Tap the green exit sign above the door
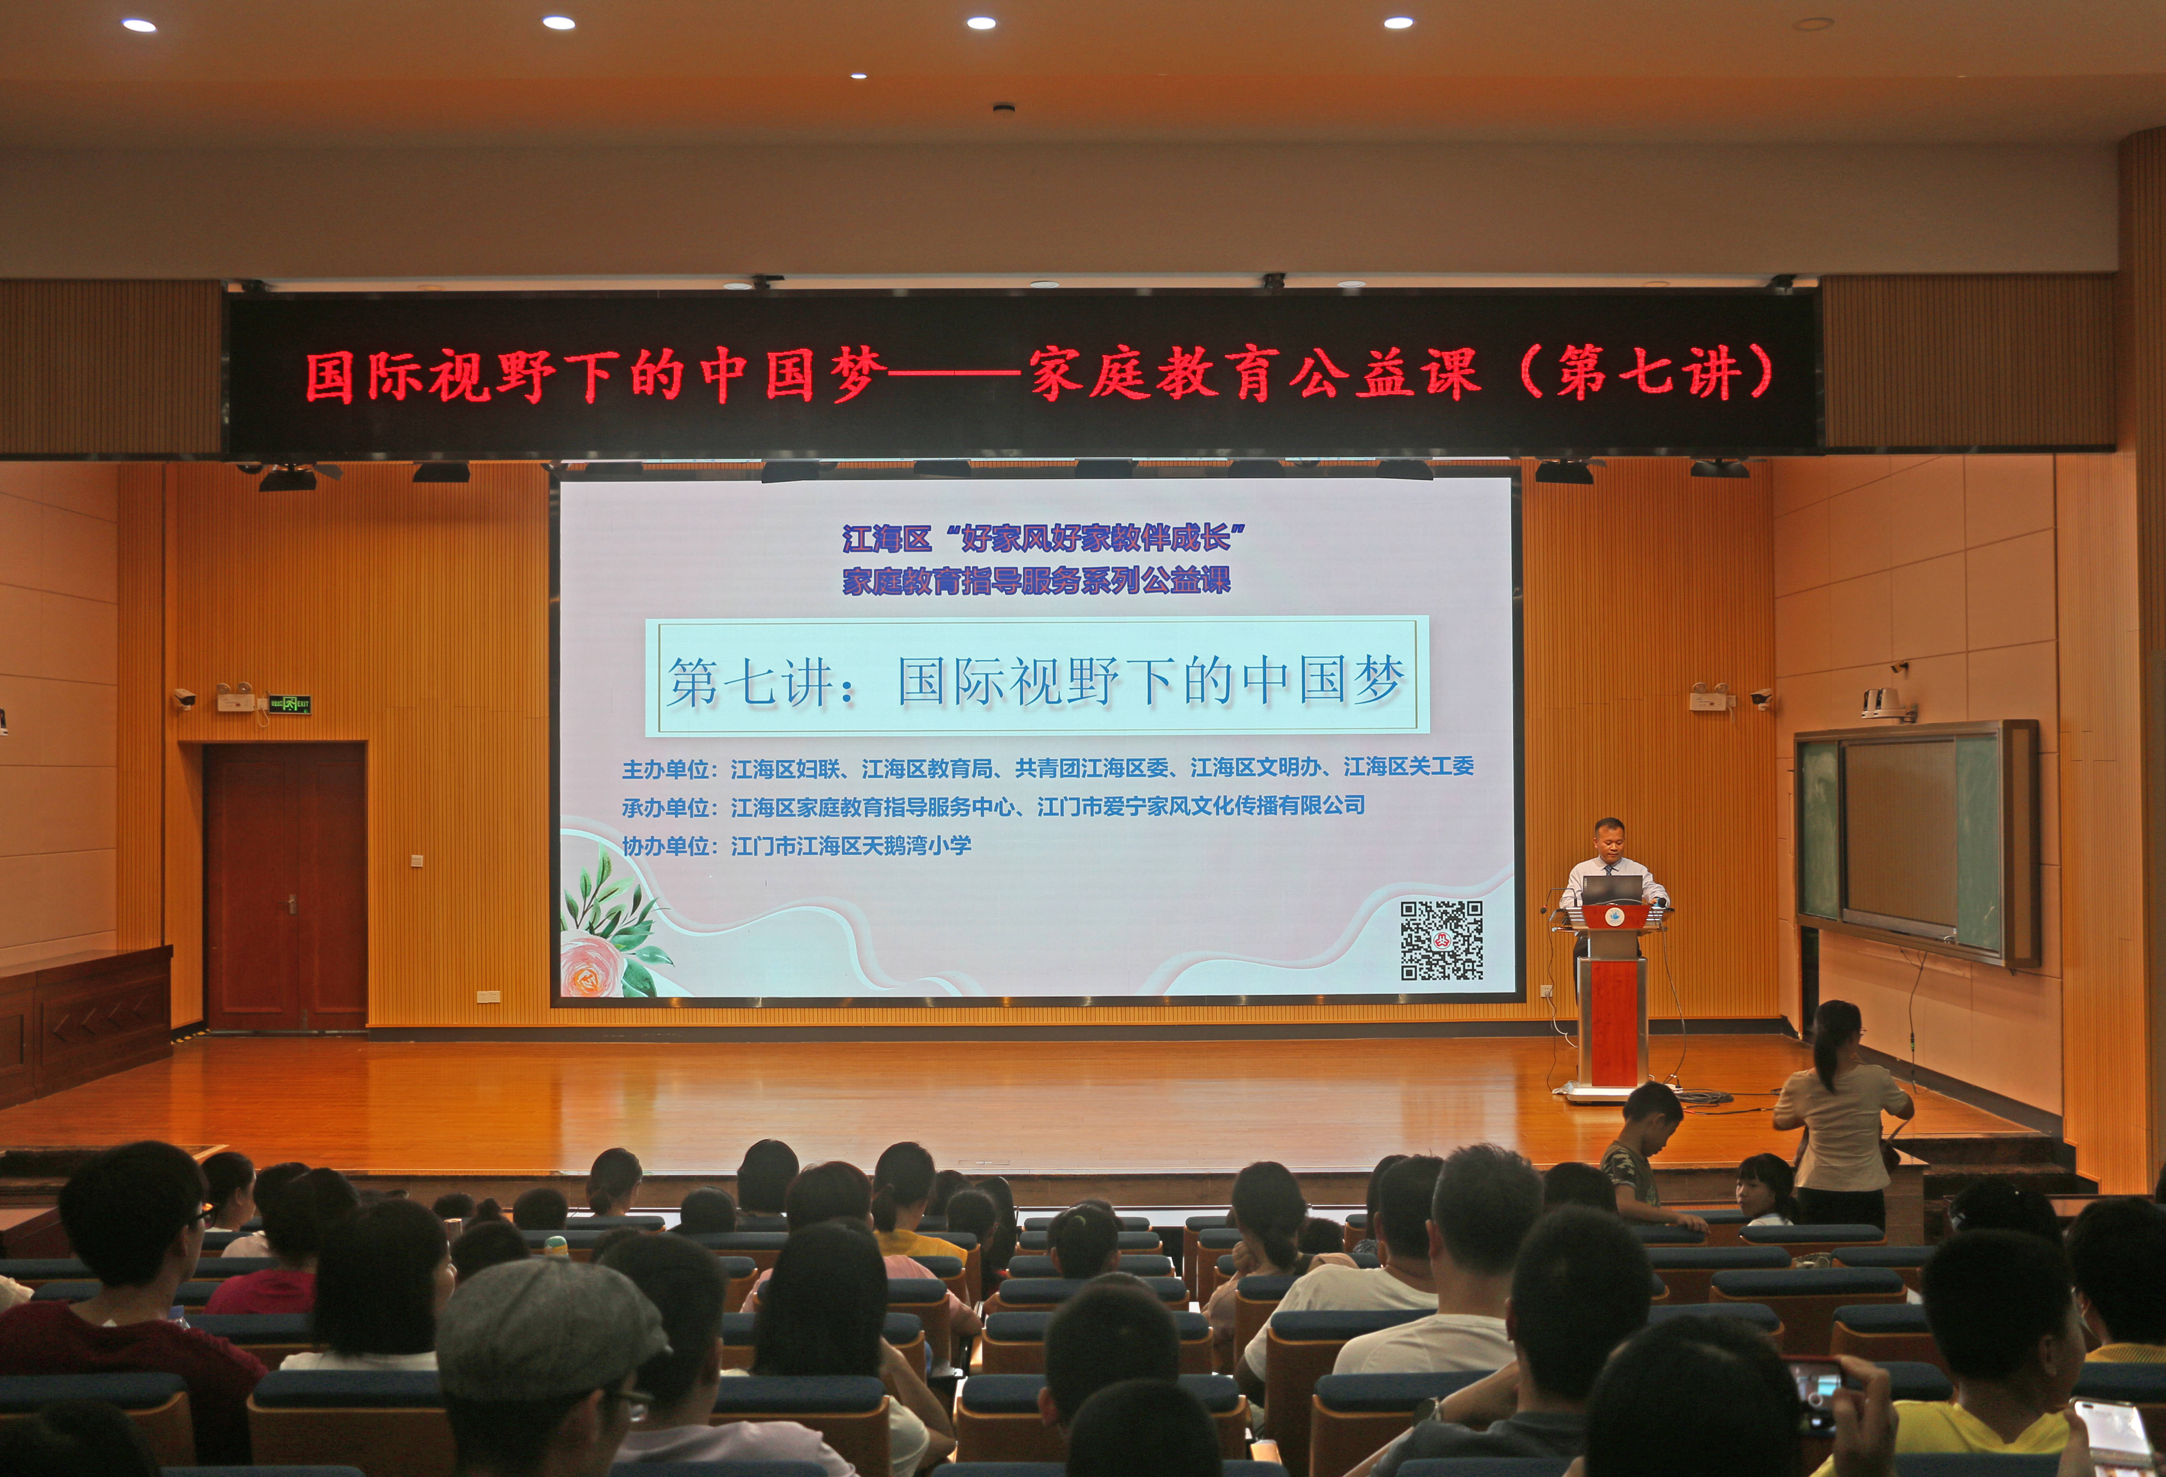coord(289,704)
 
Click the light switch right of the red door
coord(416,861)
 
